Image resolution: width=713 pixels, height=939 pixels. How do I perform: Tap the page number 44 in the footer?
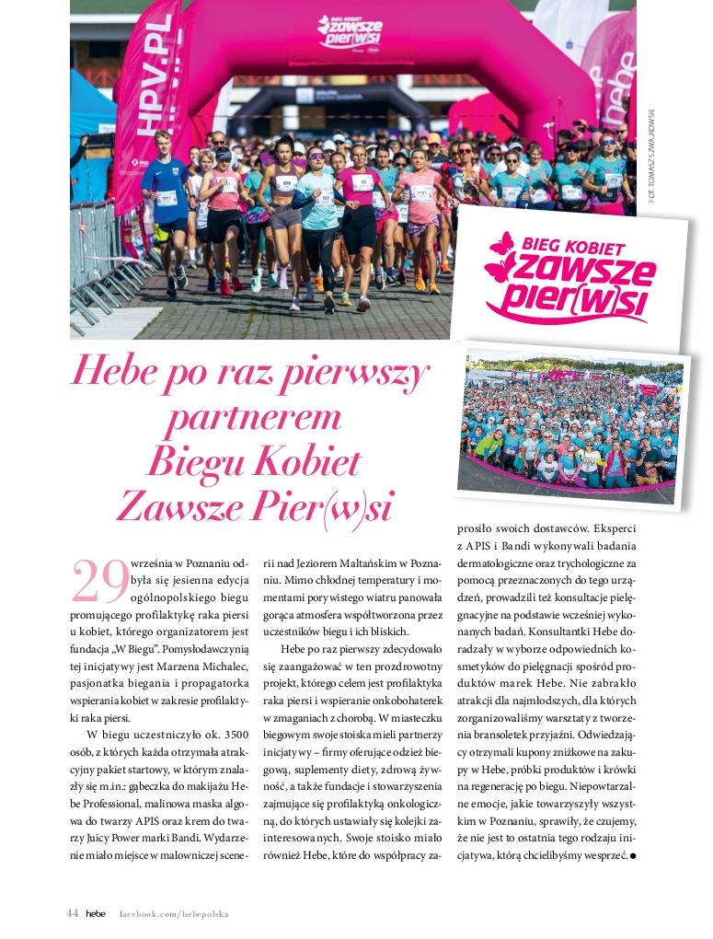[x=73, y=913]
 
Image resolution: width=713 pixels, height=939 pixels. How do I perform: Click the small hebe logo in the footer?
[x=96, y=913]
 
